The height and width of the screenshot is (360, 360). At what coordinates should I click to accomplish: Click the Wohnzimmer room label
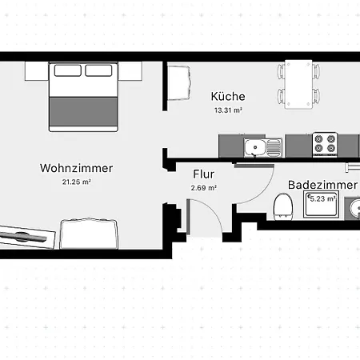coord(77,168)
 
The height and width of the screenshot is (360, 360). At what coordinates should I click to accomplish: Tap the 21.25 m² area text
coord(77,182)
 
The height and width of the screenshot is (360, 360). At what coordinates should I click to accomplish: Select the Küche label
coord(228,96)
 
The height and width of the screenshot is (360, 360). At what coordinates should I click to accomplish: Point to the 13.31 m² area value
coord(228,110)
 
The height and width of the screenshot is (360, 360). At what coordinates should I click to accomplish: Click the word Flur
coord(204,174)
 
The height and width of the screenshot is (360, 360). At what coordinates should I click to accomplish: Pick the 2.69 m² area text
coord(204,188)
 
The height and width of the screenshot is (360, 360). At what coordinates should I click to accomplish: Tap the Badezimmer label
coord(322,185)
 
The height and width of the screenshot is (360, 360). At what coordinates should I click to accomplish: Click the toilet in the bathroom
coord(283,207)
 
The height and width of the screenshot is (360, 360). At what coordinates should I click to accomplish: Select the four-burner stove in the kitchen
coord(325,145)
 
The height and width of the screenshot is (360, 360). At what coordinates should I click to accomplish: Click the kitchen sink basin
coord(255,147)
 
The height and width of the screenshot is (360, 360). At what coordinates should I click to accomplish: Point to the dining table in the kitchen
coord(298,84)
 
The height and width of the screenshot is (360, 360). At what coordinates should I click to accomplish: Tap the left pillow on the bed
coord(68,70)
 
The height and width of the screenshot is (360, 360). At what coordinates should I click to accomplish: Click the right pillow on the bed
coord(98,70)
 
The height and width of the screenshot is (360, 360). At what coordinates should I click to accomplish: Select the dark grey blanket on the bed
coord(83,112)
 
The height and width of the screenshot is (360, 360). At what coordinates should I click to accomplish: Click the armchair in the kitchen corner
coord(179,82)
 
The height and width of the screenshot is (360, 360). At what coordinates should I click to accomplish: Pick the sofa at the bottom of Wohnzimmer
coord(89,234)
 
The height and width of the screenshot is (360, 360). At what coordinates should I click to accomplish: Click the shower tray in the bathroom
coord(322,204)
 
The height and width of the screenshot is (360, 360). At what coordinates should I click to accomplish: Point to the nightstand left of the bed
coord(37,71)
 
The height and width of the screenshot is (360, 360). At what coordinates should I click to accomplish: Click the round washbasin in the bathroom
coord(355,209)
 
